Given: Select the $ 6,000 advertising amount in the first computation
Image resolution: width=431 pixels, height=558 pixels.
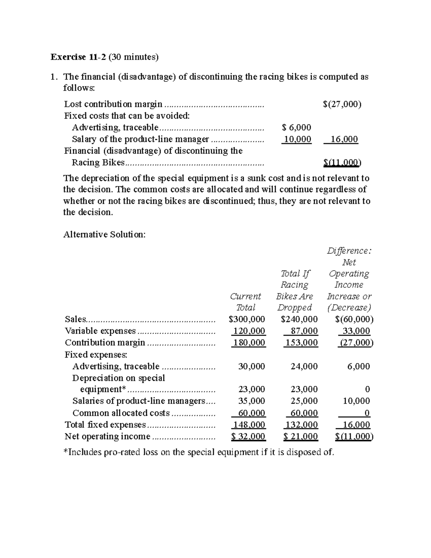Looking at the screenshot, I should pos(297,127).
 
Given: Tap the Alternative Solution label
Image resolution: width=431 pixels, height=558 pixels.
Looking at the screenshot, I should pos(105,235).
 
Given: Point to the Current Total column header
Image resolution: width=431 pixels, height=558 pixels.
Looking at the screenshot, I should pos(246,302).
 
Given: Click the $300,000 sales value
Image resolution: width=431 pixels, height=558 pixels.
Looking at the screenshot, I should pos(247,319).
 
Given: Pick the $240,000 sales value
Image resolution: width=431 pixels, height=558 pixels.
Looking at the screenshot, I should pos(299,319).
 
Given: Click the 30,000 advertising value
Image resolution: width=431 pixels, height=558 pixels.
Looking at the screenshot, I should pos(251,366).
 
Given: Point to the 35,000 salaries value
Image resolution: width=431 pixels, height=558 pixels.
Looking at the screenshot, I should pos(251,401).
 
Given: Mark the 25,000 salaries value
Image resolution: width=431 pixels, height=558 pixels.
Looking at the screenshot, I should pos(304,401).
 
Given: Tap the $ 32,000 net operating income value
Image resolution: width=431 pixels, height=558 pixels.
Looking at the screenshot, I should pos(248,437).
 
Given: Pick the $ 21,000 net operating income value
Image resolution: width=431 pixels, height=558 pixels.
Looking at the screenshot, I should pos(301,437).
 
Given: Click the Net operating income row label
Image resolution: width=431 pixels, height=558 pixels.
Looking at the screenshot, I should pos(107,437).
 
